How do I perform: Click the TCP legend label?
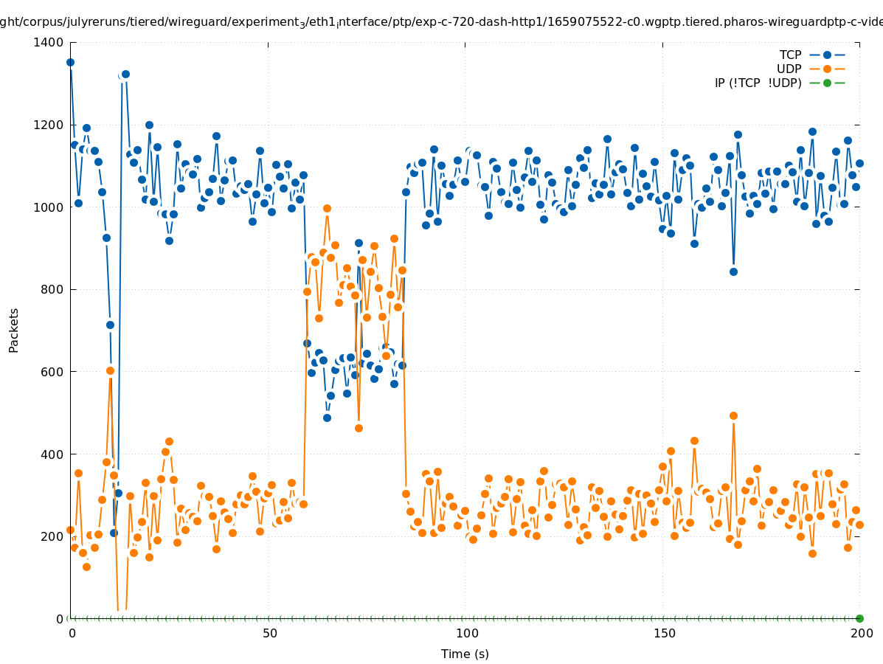790,55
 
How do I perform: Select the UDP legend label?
789,69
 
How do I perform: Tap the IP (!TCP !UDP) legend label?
758,83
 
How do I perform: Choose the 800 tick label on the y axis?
52,289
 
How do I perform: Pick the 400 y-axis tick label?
52,454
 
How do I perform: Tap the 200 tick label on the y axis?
52,536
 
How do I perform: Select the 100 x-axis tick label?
466,633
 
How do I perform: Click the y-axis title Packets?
14,330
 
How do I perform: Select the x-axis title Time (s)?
465,654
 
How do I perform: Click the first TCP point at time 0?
71,62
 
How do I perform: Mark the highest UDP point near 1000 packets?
327,208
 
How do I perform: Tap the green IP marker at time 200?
859,618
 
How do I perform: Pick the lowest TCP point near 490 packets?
327,418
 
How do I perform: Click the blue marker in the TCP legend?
827,55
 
